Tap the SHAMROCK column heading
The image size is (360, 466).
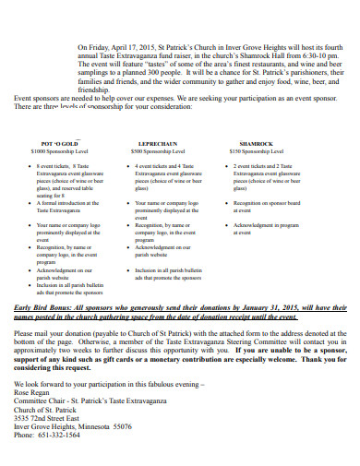click(x=256, y=144)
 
